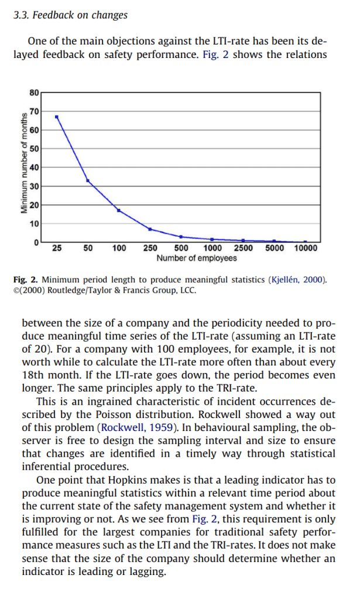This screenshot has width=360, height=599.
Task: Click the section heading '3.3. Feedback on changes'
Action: click(70, 15)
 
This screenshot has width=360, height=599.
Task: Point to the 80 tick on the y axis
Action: click(34, 93)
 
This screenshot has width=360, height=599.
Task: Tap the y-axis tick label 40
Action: click(34, 167)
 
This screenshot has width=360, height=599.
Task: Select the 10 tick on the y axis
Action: click(34, 224)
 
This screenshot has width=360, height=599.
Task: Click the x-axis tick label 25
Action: click(57, 248)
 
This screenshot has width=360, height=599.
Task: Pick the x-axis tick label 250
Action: click(150, 248)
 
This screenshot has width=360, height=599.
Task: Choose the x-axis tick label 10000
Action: click(305, 248)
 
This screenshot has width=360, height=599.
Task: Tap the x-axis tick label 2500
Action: click(244, 248)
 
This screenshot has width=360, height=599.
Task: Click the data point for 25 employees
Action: click(57, 117)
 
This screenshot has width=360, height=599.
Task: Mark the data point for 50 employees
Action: click(88, 180)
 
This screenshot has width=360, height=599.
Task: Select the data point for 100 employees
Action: click(119, 210)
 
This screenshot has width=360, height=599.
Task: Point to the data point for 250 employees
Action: click(150, 229)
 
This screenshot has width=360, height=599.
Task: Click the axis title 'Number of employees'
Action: click(197, 258)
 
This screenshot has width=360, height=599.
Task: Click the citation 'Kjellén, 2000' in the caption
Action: click(296, 279)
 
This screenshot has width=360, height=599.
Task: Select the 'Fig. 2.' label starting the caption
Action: click(30, 279)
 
